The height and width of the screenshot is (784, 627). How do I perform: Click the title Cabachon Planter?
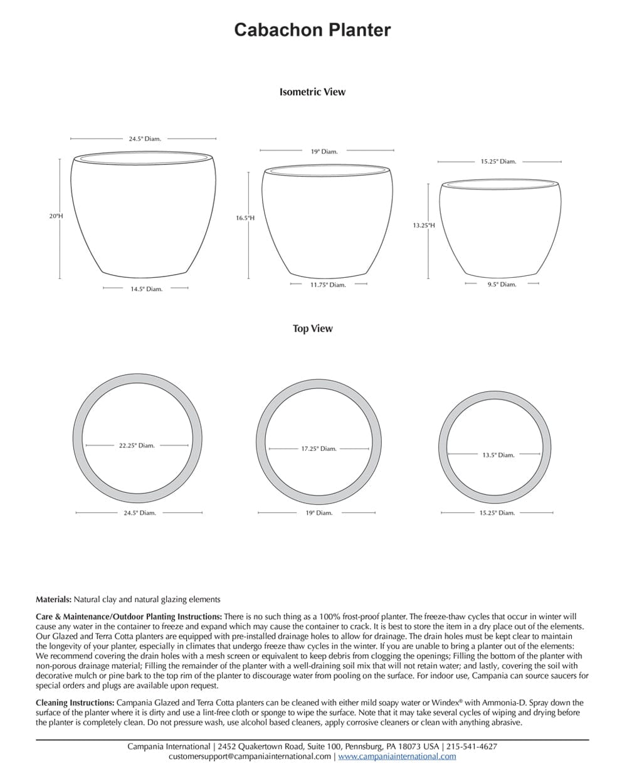tap(312, 30)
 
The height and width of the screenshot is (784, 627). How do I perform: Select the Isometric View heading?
tap(312, 92)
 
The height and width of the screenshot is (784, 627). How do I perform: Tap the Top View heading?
tap(312, 329)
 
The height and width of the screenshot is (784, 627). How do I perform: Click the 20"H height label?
tap(56, 216)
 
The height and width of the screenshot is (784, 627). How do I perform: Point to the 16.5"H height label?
tap(245, 218)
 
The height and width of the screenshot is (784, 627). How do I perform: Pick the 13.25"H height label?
tap(424, 225)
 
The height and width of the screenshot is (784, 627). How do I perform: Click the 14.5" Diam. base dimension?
tap(146, 289)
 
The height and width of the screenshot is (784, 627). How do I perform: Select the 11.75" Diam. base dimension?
tap(328, 285)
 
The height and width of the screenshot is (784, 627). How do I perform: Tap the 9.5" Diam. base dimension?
tap(502, 284)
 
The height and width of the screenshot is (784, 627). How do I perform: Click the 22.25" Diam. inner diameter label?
tap(137, 445)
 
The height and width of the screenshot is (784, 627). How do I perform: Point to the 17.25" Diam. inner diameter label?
tap(319, 448)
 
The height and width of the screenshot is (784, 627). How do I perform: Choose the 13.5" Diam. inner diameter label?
tap(498, 455)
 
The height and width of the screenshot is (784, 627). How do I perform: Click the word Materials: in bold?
tap(54, 600)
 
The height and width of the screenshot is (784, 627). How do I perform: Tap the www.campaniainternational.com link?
tap(397, 756)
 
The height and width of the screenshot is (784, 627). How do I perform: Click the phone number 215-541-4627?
tap(472, 746)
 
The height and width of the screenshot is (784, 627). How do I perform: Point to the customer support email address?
tap(250, 756)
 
